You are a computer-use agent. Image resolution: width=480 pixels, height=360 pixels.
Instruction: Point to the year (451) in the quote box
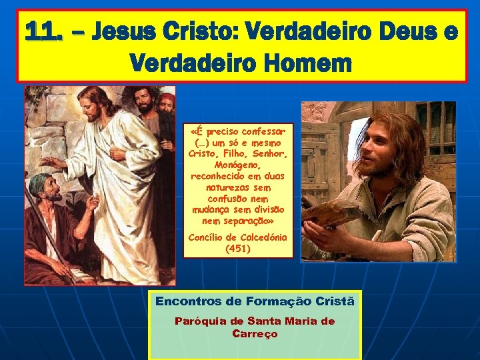point(238,249)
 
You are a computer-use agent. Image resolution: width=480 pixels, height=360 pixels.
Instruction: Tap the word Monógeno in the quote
point(238,165)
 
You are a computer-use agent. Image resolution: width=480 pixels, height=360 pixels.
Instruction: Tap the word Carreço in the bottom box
point(255,333)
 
